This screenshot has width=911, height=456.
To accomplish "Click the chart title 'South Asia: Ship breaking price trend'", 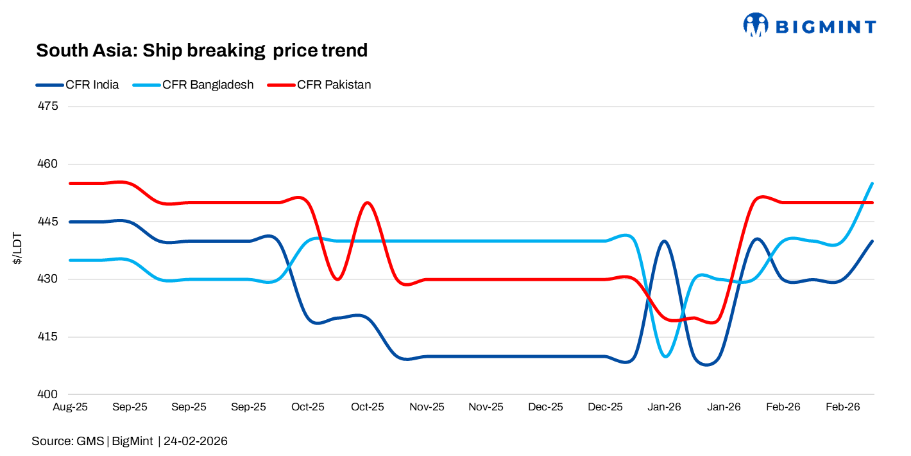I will click(x=201, y=50).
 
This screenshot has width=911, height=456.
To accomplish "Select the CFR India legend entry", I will click(x=92, y=85).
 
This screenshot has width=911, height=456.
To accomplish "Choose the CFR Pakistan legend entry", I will click(x=334, y=85).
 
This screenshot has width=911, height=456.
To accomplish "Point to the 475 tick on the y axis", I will click(x=49, y=106).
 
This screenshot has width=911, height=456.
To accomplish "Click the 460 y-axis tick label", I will click(x=49, y=164).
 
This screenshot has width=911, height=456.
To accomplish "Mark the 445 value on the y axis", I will click(x=49, y=222).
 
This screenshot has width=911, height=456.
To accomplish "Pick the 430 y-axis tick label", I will click(x=49, y=279).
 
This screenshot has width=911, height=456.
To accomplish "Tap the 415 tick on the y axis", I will click(x=49, y=337).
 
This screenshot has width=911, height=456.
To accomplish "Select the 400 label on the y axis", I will click(x=49, y=394).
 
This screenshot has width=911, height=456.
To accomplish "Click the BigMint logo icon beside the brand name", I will click(x=756, y=25).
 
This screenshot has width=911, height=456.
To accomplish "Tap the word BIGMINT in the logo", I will click(x=826, y=26).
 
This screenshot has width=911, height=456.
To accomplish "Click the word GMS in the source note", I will click(x=90, y=441).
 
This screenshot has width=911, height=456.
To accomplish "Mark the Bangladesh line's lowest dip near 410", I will click(x=665, y=356).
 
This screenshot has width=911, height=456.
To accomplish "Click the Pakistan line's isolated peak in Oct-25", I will click(x=367, y=202).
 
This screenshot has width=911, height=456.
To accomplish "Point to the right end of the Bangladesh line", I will click(x=873, y=184).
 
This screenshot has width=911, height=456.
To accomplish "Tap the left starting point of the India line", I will click(x=70, y=222).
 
